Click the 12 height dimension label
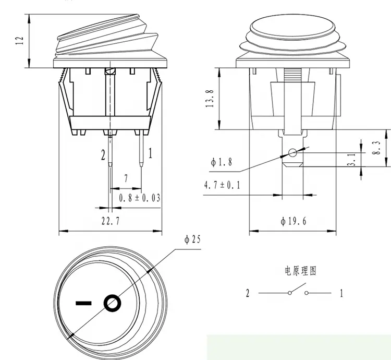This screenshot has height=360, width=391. click(20, 41)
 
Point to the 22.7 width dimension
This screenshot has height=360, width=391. click(112, 221)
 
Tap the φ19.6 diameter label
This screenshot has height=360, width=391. click(293, 221)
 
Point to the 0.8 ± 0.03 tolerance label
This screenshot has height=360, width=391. click(139, 197)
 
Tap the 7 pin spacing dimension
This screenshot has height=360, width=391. click(126, 178)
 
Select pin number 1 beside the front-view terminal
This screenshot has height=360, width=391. click(151, 153)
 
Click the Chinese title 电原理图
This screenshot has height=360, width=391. click(300, 271)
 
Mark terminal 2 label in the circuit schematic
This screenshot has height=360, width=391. click(248, 293)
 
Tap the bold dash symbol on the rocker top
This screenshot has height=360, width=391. click(83, 302)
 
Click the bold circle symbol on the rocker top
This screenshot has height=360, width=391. click(112, 303)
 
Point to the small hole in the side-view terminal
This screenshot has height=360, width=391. click(292, 153)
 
